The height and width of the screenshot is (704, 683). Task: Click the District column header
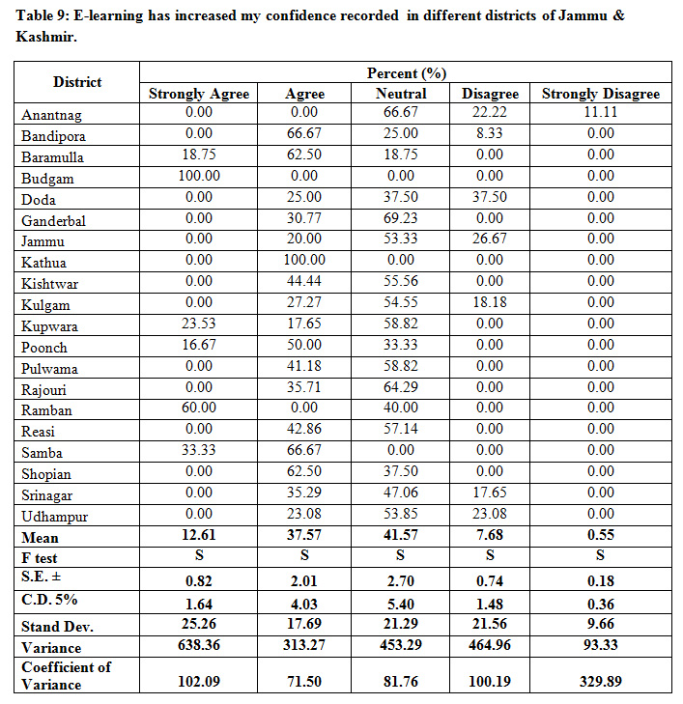[x=77, y=82]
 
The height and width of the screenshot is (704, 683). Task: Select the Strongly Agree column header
[x=199, y=94]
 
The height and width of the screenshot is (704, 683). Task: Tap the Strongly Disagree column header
[x=600, y=94]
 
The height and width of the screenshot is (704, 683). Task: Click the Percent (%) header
[x=407, y=73]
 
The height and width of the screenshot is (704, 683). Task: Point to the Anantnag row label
[x=53, y=115]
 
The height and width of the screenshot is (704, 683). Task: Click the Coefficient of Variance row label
[x=66, y=675]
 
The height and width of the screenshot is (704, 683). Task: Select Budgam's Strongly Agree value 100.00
[x=199, y=176]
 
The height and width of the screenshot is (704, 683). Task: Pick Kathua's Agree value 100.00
[x=305, y=260]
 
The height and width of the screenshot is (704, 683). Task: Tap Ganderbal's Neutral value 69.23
[x=401, y=218]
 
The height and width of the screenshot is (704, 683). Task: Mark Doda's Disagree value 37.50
[x=490, y=197]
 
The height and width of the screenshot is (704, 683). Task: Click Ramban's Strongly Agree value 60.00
[x=199, y=408]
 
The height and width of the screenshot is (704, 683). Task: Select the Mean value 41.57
[x=401, y=536]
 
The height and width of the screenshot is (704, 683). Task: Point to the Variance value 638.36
[x=199, y=646]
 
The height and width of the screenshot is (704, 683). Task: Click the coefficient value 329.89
[x=600, y=681]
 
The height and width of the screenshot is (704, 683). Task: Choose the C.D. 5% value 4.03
[x=305, y=602]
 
